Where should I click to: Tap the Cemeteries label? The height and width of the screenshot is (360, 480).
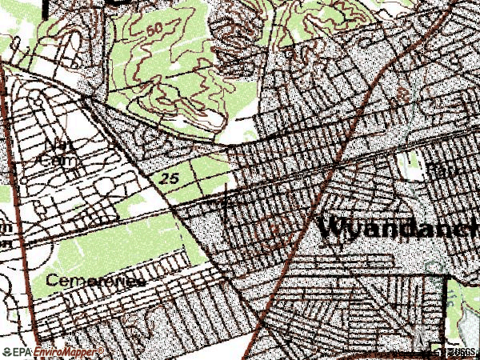pyautogui.click(x=95, y=281)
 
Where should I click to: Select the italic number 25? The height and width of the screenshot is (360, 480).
pyautogui.click(x=168, y=176)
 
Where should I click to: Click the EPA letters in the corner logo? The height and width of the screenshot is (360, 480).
pyautogui.click(x=22, y=351)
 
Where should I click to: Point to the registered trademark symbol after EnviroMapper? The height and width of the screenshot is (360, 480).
pyautogui.click(x=102, y=350)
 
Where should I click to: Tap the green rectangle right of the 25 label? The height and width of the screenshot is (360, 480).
pyautogui.click(x=208, y=172)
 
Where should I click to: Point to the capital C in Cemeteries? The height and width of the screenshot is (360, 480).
pyautogui.click(x=52, y=281)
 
